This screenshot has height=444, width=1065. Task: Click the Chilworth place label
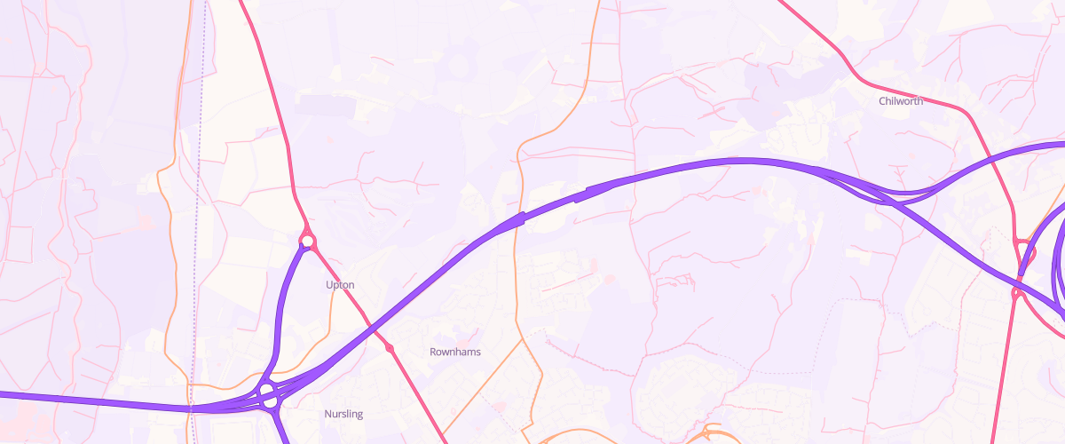pos(900,101)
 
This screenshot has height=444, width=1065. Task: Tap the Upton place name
pos(340,285)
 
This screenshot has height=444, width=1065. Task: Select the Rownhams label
pos(454,352)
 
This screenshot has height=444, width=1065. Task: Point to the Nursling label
pos(343,414)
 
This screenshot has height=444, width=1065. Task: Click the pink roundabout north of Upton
pos(307,241)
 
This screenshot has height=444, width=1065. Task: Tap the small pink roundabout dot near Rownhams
pos(390,348)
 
